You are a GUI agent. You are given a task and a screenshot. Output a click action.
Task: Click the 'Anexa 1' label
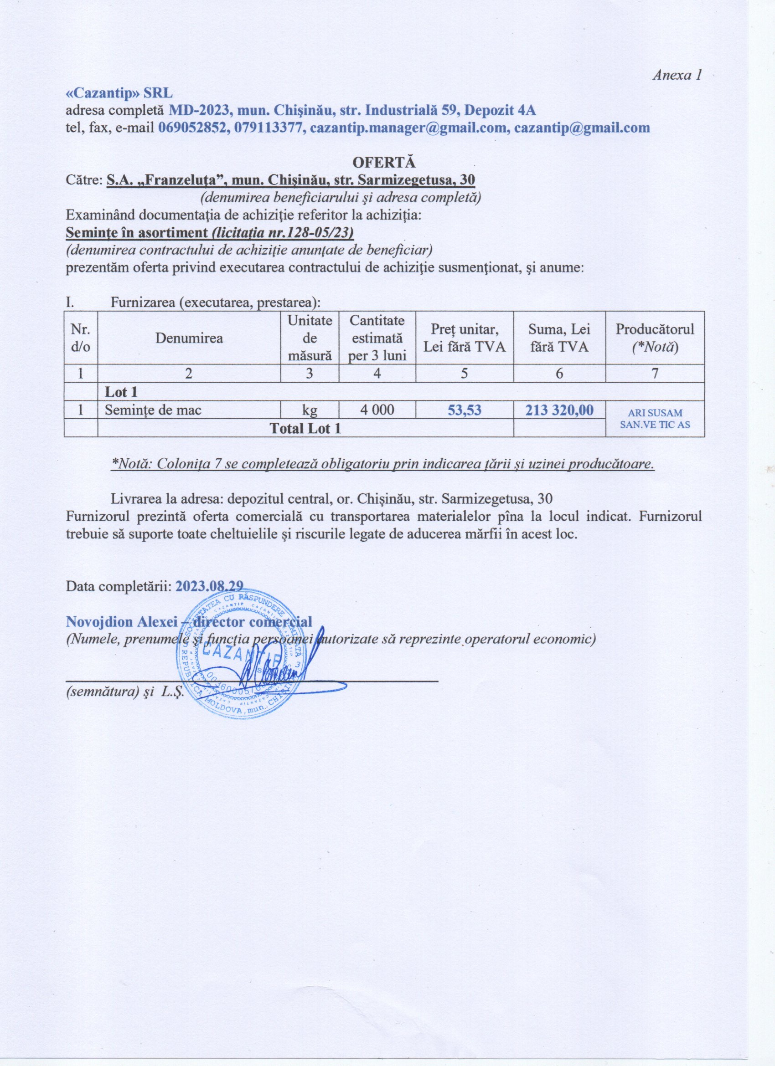677,76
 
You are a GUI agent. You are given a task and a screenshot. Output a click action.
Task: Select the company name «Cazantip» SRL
119,93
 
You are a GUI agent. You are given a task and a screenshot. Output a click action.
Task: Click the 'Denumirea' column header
189,338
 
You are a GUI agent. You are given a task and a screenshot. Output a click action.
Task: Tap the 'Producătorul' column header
655,329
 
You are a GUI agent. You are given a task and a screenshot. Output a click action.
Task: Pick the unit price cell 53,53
464,410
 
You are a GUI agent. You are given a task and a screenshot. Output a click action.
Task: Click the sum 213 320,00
559,410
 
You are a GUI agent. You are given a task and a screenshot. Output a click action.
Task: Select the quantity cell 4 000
377,410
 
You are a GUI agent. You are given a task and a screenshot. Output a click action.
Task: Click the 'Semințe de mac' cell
153,410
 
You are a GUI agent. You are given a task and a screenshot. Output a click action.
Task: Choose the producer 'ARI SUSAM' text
655,414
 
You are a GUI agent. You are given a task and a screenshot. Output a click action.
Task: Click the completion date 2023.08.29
209,586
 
